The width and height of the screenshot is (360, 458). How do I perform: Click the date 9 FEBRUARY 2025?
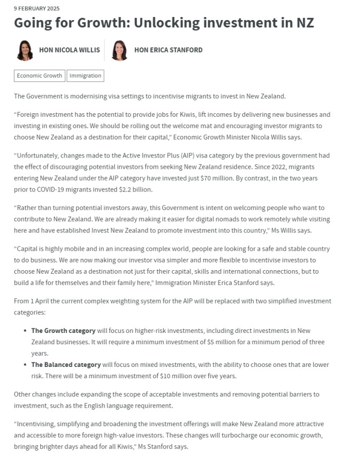click(x=37, y=8)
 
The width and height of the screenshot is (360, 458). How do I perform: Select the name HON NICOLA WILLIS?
click(x=69, y=50)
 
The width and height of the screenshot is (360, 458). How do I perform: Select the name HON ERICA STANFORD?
click(x=168, y=50)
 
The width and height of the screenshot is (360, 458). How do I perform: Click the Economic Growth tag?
click(x=39, y=76)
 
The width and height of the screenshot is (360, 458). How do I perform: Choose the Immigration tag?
click(x=85, y=76)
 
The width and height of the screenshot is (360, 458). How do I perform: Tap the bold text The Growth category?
click(x=63, y=330)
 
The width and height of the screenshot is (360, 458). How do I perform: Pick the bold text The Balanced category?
click(x=66, y=364)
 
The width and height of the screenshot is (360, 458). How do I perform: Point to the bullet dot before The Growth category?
click(x=26, y=330)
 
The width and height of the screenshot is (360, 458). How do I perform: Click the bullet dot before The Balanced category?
click(x=26, y=364)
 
